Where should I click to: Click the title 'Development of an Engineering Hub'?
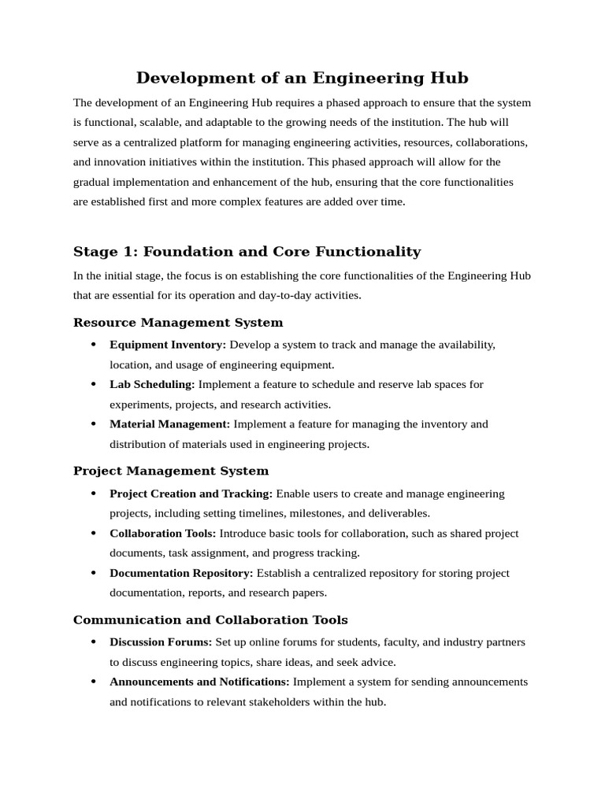302,78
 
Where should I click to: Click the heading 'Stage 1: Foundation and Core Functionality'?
247,252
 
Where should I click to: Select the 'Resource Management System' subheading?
178,323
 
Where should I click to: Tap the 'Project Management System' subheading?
171,471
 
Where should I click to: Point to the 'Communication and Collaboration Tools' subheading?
210,620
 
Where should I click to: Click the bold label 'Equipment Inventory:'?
168,345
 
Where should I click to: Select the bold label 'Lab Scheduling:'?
152,384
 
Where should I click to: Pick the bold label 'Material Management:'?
170,423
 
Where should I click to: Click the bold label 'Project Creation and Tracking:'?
191,494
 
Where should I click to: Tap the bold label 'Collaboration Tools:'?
162,533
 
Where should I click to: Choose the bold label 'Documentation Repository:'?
181,573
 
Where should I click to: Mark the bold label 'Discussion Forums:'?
161,642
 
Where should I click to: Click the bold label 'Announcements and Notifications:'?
199,682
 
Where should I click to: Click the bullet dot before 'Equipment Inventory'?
93,345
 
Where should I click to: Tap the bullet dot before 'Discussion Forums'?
93,642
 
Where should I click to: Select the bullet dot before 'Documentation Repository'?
93,573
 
